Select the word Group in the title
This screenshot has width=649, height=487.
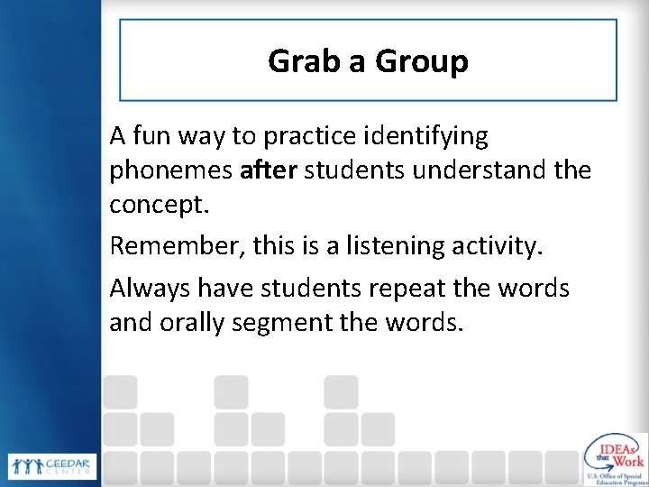[421, 62]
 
